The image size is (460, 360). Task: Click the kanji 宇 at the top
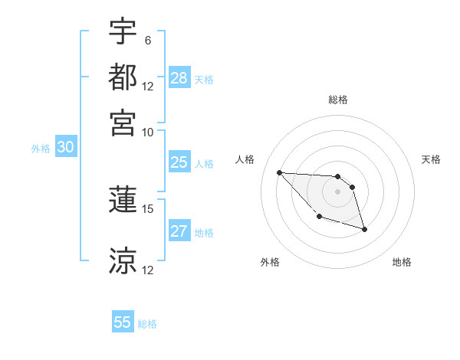pyautogui.click(x=123, y=33)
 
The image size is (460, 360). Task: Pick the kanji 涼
pyautogui.click(x=123, y=260)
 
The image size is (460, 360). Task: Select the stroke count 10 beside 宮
pyautogui.click(x=148, y=131)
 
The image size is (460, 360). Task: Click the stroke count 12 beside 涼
pyautogui.click(x=148, y=270)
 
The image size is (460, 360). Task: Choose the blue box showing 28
pyautogui.click(x=179, y=78)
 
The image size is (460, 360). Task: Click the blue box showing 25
pyautogui.click(x=179, y=162)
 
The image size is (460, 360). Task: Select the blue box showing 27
pyautogui.click(x=179, y=232)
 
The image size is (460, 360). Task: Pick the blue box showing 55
pyautogui.click(x=123, y=322)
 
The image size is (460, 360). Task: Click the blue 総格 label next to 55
pyautogui.click(x=147, y=324)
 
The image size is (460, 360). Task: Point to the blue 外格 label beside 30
pyautogui.click(x=41, y=149)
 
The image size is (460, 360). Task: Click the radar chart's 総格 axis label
pyautogui.click(x=337, y=100)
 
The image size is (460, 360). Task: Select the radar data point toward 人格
pyautogui.click(x=280, y=172)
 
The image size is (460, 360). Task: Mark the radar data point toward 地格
pyautogui.click(x=364, y=229)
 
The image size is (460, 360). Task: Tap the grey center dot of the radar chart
pyautogui.click(x=337, y=191)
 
